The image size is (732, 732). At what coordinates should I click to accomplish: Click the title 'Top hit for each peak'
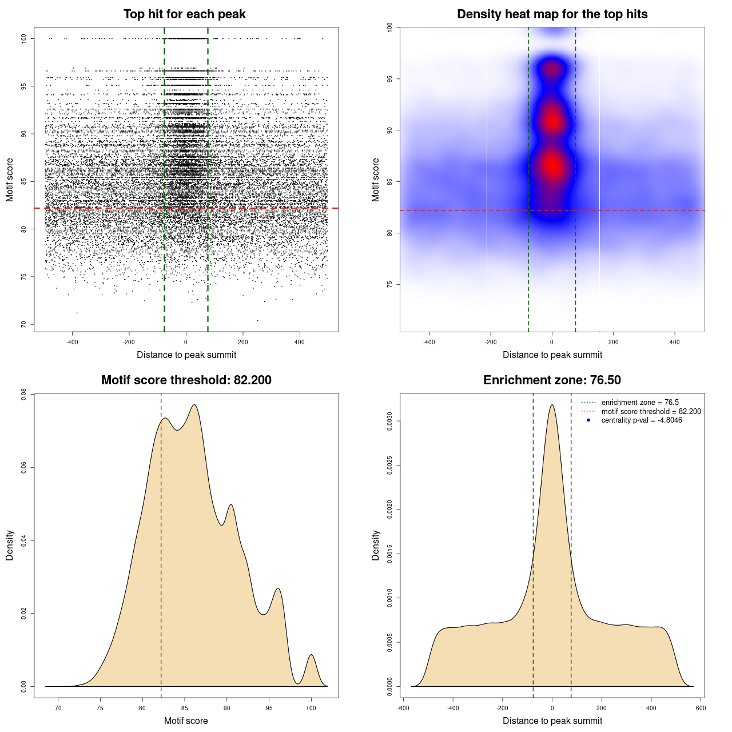click(x=184, y=14)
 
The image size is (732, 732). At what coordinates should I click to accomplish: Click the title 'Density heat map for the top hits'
click(x=552, y=14)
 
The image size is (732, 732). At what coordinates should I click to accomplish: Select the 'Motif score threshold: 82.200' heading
click(x=186, y=380)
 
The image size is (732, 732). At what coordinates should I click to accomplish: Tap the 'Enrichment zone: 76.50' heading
click(x=552, y=380)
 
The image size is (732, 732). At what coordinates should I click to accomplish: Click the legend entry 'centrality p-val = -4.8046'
click(x=642, y=420)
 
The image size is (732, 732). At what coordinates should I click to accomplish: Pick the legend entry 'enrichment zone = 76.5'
click(x=640, y=403)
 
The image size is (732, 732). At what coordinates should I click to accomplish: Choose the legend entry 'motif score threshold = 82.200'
click(x=651, y=412)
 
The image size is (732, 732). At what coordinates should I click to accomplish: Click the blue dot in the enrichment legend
click(x=588, y=420)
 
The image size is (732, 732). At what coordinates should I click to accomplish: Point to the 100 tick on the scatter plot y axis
click(x=24, y=38)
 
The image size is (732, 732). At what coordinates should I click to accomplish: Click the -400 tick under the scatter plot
click(x=72, y=342)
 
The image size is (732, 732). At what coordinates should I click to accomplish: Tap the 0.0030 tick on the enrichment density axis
click(x=390, y=421)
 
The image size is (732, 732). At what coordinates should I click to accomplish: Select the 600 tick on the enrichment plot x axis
click(x=701, y=708)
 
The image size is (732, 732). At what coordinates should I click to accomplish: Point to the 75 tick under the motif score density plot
click(x=100, y=708)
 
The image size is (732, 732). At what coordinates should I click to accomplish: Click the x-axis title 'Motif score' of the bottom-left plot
click(x=186, y=721)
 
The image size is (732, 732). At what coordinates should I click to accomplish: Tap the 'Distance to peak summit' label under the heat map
click(x=552, y=355)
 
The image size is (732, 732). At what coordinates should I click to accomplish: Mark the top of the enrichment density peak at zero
click(x=552, y=405)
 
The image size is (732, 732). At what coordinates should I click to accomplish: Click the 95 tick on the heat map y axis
click(x=390, y=79)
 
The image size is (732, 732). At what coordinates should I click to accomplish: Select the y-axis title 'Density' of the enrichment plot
click(x=376, y=545)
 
